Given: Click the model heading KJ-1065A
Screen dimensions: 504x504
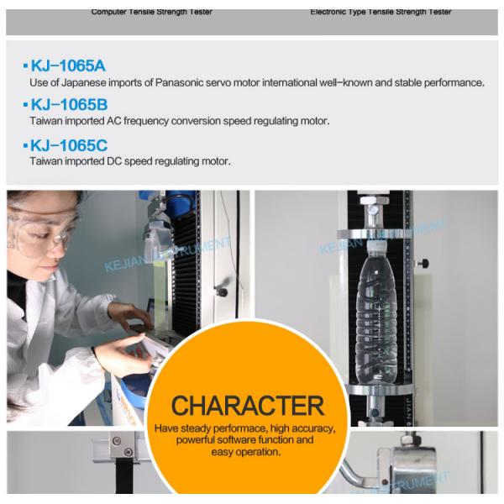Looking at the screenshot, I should point(68,66).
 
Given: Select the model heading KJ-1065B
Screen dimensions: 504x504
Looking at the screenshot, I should point(68,105).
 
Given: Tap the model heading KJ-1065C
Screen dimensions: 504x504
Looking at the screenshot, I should point(69,145).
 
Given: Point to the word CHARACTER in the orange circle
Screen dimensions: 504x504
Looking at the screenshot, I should point(248,406).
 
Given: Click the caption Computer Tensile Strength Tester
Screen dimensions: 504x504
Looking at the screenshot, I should point(151,12).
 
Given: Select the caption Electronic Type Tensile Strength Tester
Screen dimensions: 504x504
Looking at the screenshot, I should point(381,12).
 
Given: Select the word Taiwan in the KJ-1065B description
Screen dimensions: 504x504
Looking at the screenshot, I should point(46,121).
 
